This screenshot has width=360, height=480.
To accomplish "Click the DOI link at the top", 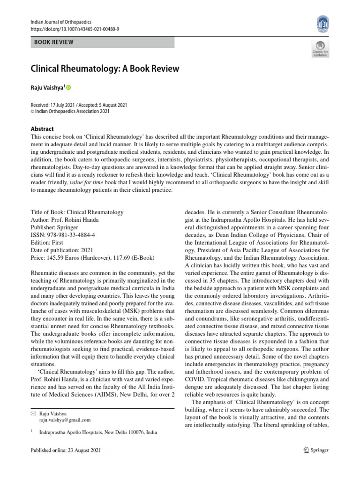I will coord(74,29).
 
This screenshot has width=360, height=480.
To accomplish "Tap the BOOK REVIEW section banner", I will coord(102,43).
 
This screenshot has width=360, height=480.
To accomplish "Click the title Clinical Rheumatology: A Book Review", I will coord(105,68).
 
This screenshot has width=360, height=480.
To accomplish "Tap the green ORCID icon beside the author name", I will coord(68,87).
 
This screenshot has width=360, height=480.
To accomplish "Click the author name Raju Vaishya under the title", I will coord(46,87).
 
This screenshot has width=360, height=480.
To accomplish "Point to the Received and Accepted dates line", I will coord(78,105).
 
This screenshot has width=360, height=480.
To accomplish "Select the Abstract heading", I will coord(42,129).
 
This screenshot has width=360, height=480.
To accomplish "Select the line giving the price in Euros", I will coord(92,257).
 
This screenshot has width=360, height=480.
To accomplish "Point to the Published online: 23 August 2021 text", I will coord(65,450).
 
